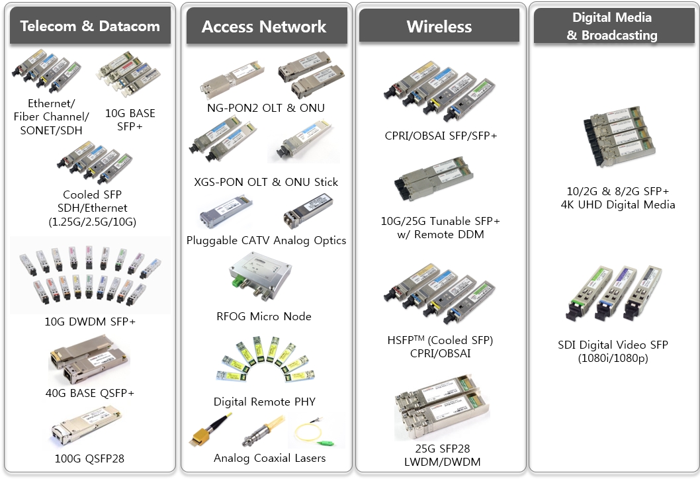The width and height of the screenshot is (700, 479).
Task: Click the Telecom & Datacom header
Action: pyautogui.click(x=90, y=26)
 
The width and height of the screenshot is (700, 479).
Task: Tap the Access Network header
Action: pyautogui.click(x=264, y=26)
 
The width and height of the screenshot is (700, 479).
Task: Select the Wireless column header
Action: pyautogui.click(x=439, y=26)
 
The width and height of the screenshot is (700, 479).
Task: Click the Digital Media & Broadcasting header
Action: pyautogui.click(x=612, y=26)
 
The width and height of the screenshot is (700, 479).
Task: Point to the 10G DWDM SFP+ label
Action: pyautogui.click(x=91, y=322)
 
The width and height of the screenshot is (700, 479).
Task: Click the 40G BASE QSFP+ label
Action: pyautogui.click(x=90, y=393)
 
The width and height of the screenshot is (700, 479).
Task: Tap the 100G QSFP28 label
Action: pyautogui.click(x=90, y=458)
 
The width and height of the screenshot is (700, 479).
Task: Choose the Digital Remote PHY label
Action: pyautogui.click(x=264, y=402)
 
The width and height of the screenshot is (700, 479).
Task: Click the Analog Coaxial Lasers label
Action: pyautogui.click(x=269, y=458)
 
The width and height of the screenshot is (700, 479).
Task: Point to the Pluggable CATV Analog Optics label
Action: pyautogui.click(x=266, y=240)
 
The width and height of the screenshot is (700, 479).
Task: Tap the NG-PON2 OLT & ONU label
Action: pyautogui.click(x=265, y=108)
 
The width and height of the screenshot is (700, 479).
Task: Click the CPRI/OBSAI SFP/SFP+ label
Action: pyautogui.click(x=441, y=136)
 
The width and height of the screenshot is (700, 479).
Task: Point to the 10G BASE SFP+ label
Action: pyautogui.click(x=130, y=119)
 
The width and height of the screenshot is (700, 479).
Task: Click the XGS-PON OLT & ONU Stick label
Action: pyautogui.click(x=266, y=182)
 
